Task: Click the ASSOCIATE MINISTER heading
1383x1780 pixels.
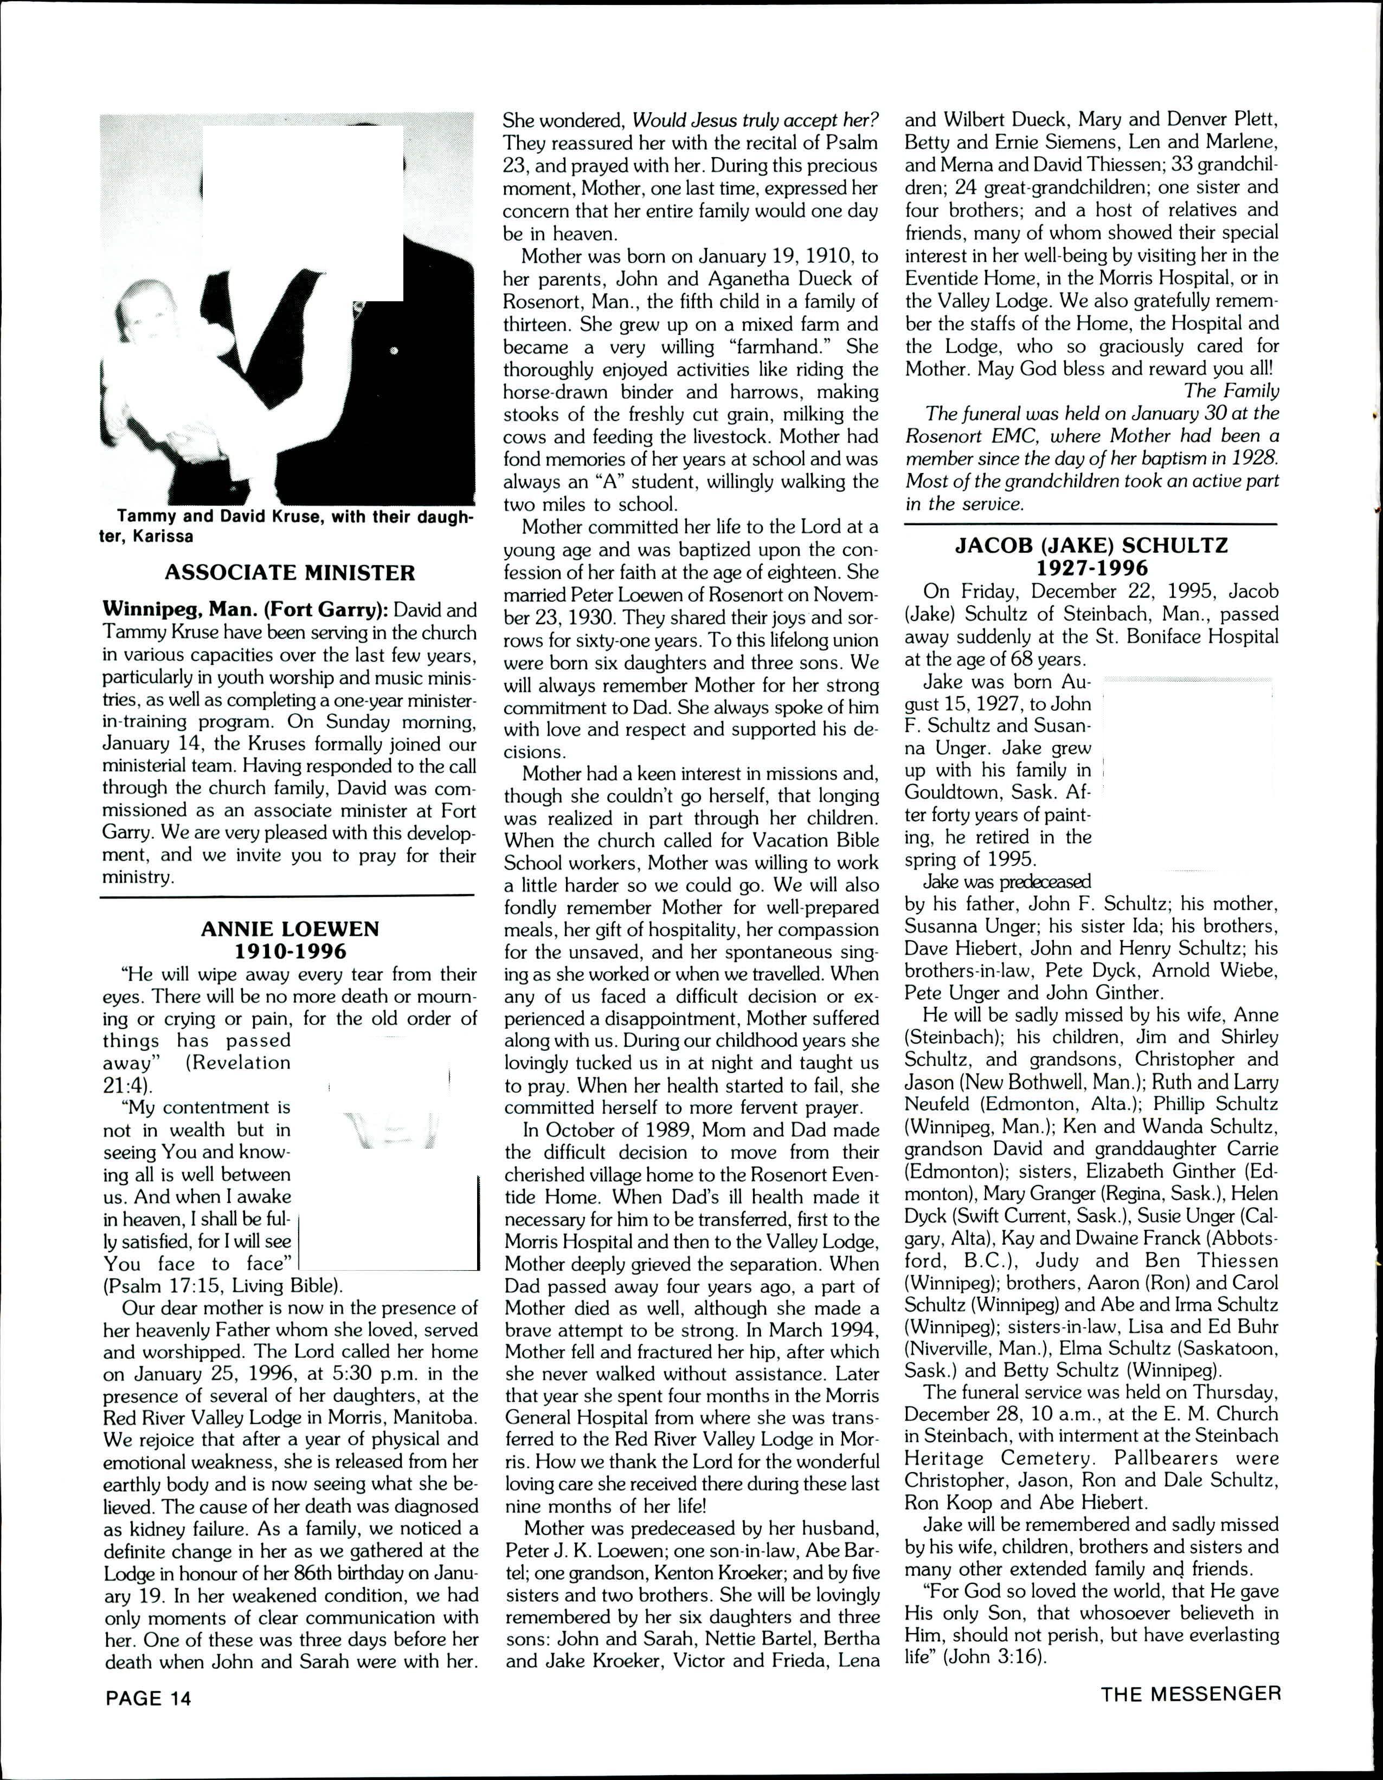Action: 290,573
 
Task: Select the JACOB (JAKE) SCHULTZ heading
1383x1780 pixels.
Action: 1091,545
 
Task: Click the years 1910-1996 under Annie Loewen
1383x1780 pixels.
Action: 290,951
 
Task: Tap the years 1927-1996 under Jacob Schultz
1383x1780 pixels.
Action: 1091,567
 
